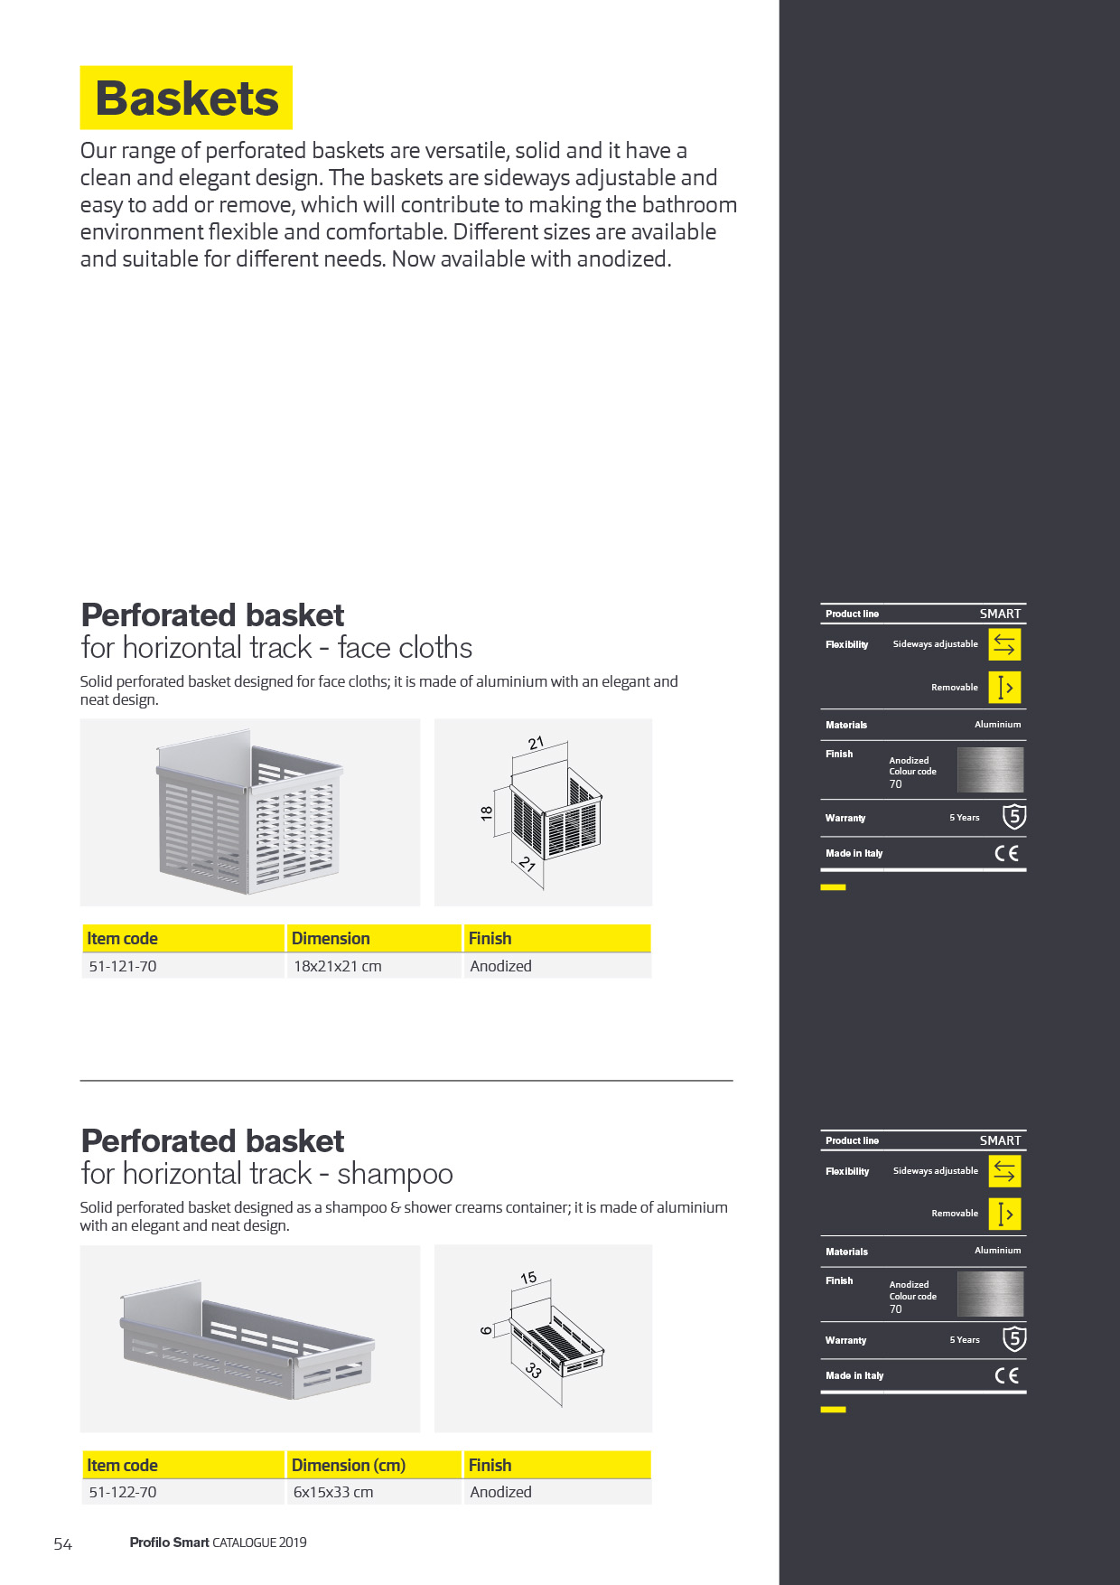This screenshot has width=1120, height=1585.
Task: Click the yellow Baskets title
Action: click(186, 98)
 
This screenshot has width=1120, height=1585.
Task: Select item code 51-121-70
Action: click(123, 966)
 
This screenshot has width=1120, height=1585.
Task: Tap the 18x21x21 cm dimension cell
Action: click(338, 966)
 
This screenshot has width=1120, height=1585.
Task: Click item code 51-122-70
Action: click(123, 1492)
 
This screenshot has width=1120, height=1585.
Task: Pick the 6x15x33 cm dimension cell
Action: click(333, 1492)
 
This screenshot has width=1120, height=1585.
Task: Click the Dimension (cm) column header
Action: click(349, 1465)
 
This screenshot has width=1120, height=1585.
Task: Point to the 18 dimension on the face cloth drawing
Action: click(487, 813)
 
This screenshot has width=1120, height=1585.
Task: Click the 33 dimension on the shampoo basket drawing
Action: click(533, 1370)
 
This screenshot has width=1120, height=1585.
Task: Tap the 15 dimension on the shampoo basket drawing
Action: click(528, 1278)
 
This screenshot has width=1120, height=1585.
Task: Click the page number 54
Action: click(62, 1544)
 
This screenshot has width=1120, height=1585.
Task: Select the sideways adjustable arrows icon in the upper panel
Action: click(1004, 644)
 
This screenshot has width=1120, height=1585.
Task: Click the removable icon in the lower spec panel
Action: click(1004, 1214)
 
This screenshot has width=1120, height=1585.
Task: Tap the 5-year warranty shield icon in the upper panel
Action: click(1014, 817)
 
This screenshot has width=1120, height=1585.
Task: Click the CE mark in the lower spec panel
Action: click(1007, 1375)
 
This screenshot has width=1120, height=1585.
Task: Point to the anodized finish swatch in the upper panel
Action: click(990, 770)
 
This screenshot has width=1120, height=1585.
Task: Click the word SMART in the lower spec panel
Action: click(1001, 1140)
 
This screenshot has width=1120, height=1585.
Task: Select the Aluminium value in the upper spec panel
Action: click(998, 725)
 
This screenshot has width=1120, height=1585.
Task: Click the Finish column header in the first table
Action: click(490, 939)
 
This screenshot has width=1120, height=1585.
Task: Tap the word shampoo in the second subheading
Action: click(395, 1174)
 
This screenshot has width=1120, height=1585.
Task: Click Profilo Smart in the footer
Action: click(169, 1543)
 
